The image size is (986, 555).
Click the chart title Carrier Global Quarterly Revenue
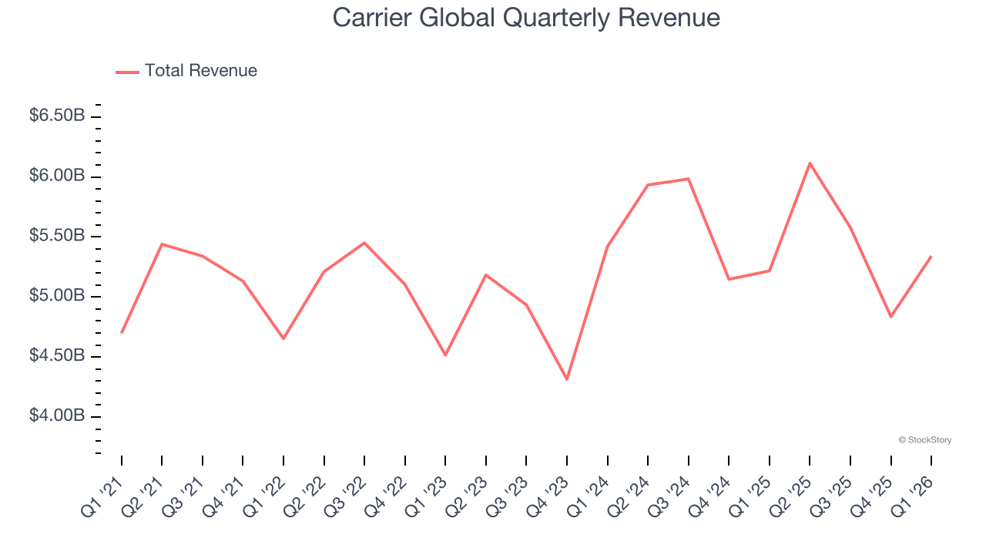[526, 18]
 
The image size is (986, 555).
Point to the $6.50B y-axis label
[57, 116]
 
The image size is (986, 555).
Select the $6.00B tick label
[57, 176]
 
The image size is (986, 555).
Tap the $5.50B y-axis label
[57, 236]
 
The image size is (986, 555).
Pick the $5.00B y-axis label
[57, 296]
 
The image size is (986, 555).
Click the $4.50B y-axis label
[57, 356]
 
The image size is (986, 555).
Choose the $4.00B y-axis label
[57, 416]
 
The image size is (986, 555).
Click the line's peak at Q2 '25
[810, 163]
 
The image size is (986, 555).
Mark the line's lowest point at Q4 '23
[567, 379]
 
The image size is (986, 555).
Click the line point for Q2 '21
[162, 244]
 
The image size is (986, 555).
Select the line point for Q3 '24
[688, 179]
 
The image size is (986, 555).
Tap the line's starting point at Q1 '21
[122, 332]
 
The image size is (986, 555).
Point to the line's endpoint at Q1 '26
[931, 257]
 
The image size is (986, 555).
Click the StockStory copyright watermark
[924, 440]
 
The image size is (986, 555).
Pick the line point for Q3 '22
[364, 243]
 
